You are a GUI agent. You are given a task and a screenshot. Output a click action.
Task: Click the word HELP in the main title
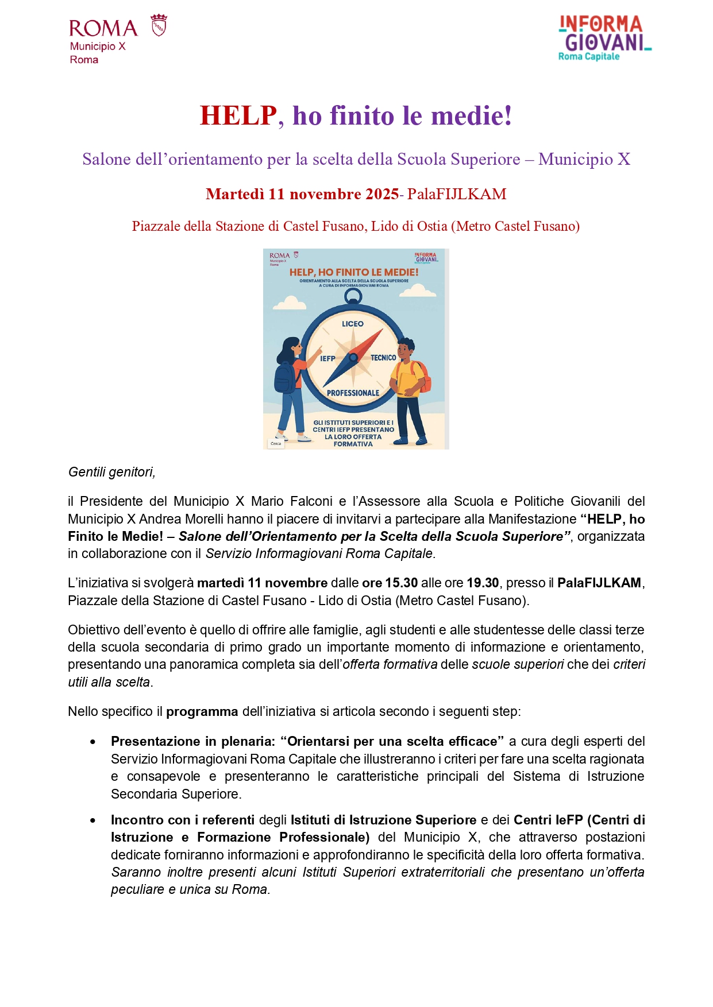(238, 116)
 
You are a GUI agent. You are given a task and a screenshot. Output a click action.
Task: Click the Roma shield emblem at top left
(159, 26)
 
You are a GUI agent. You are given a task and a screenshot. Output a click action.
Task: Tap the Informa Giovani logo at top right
(604, 38)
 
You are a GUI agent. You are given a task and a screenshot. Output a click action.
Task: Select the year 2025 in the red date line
(382, 194)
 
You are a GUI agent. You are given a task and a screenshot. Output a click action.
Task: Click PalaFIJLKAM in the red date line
(457, 194)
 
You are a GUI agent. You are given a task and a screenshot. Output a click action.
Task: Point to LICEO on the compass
(352, 324)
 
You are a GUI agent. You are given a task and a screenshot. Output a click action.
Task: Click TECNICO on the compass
(383, 358)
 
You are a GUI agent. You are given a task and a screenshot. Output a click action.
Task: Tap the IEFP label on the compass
(327, 358)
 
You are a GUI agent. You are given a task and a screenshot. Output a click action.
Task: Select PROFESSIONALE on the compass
(353, 393)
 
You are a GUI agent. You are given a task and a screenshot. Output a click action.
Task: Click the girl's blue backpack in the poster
(284, 378)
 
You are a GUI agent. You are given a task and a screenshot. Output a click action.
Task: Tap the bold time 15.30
(401, 583)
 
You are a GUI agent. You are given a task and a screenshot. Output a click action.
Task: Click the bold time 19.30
(483, 583)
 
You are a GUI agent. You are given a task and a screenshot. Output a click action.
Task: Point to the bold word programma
(202, 711)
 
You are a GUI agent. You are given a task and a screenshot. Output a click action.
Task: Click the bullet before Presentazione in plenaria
(93, 742)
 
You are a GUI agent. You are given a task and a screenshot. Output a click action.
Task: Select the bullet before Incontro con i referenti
(93, 820)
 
